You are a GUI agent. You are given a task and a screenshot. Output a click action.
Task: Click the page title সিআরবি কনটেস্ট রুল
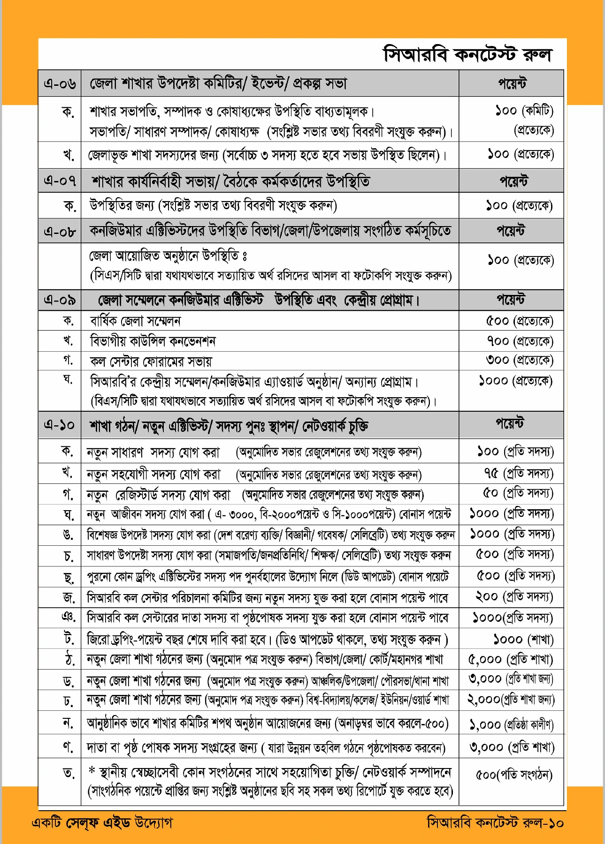(467, 54)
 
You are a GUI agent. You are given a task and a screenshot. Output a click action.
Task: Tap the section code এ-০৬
(60, 84)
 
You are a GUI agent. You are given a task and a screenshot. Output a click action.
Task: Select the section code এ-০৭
(60, 181)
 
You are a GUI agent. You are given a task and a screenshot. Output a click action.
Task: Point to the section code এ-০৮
(60, 231)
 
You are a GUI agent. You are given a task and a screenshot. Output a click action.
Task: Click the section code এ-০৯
(60, 300)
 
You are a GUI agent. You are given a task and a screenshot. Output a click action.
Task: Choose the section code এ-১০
(60, 425)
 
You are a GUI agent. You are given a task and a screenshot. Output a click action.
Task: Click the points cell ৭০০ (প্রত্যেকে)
(520, 341)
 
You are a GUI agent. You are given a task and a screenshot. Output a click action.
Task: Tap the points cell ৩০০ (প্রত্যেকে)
(520, 360)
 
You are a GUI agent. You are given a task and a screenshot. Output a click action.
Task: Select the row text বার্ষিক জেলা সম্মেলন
(135, 321)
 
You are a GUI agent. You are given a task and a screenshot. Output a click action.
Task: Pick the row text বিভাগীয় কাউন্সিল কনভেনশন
(153, 341)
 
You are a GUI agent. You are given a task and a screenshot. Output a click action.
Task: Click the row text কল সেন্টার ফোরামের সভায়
(151, 361)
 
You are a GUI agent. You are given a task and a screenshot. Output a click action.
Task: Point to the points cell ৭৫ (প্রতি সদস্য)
(519, 473)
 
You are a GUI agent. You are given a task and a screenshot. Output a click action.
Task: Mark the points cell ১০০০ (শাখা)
(523, 639)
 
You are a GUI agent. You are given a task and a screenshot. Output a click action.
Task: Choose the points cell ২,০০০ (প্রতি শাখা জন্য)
(511, 700)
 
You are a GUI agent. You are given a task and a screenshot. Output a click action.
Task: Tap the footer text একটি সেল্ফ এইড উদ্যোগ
(102, 822)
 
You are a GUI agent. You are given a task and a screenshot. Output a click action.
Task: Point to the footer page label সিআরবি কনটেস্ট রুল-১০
(495, 822)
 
